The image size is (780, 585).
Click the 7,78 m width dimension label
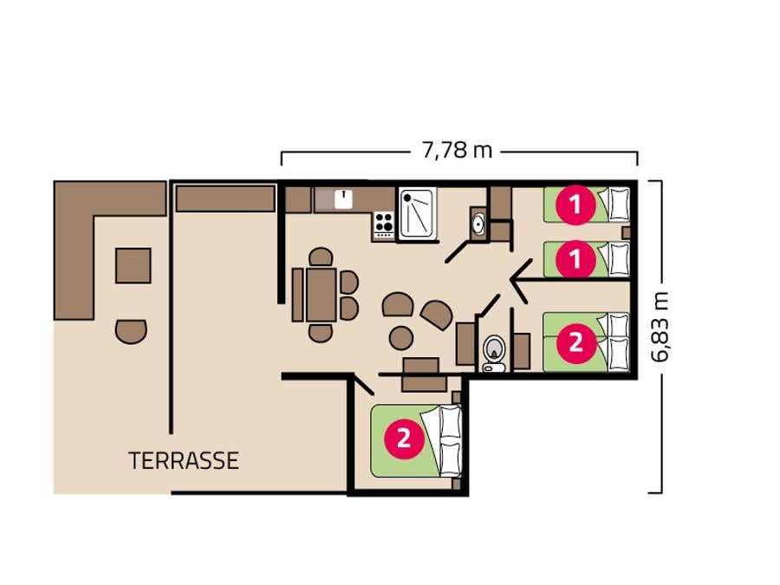[x=457, y=150]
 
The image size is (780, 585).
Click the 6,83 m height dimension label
[x=660, y=327]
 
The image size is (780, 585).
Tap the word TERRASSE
[x=184, y=461]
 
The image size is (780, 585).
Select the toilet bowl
[x=494, y=348]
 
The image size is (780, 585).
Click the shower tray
[x=416, y=213]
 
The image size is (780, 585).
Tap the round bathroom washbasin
[x=478, y=224]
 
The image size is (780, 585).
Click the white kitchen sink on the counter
[x=343, y=199]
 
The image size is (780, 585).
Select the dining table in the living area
[x=322, y=295]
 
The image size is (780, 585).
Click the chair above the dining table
[x=321, y=257]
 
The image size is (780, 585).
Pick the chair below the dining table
[x=321, y=333]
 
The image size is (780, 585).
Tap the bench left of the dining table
[x=297, y=295]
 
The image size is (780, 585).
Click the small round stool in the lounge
[x=401, y=338]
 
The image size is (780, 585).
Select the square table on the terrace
[x=133, y=266]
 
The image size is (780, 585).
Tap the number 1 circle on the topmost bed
[x=575, y=205]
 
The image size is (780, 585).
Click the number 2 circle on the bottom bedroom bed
[x=403, y=439]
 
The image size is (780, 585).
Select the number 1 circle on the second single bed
[x=575, y=259]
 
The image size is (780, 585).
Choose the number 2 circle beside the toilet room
[x=575, y=342]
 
